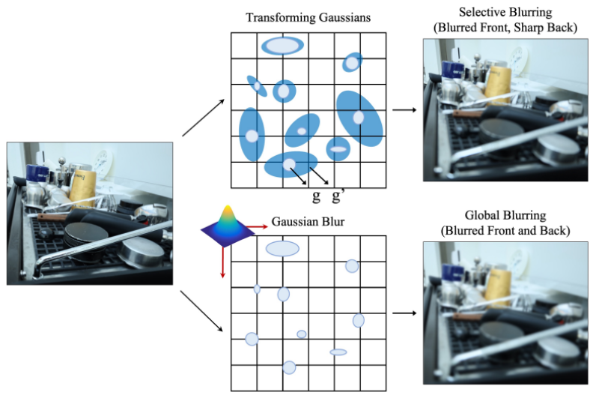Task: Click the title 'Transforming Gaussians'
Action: pos(308,18)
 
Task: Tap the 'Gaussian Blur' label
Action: pos(308,222)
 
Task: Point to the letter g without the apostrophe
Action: pos(316,196)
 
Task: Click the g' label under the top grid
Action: pos(338,196)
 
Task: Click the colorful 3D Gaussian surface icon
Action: pos(228,226)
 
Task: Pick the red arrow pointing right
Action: pos(257,226)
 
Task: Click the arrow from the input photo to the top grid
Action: pos(204,118)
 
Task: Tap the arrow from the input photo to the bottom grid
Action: pos(201,311)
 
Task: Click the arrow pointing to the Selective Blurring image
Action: pos(404,110)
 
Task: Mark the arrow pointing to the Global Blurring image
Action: pos(404,313)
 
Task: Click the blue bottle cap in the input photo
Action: pos(37,172)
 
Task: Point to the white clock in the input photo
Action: pos(103,163)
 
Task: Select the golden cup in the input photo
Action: pos(82,189)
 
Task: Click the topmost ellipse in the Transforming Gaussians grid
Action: pos(282,46)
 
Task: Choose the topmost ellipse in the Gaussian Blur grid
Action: pos(282,249)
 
